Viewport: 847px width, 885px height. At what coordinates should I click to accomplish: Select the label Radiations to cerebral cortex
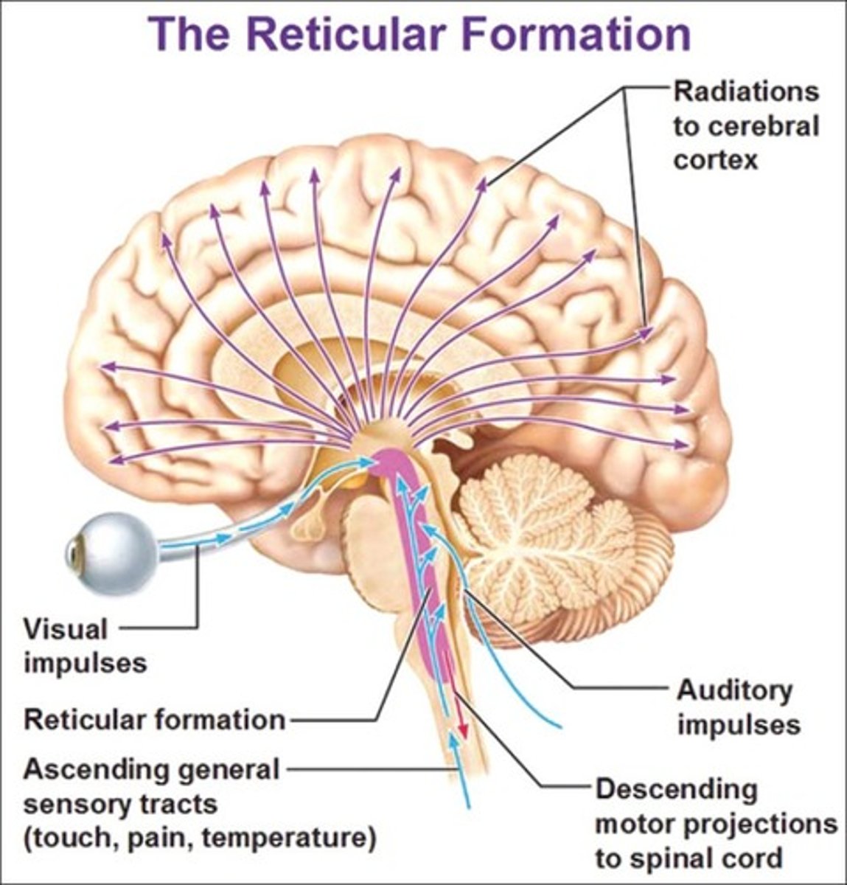pos(745,125)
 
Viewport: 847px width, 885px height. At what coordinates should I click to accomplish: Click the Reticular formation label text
pos(154,720)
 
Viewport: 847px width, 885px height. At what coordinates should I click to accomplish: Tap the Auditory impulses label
pos(737,707)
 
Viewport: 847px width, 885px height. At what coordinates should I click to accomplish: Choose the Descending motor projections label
pos(715,823)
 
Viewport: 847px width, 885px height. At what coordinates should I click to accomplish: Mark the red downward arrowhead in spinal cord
pos(462,729)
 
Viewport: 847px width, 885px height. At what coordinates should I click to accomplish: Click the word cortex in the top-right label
pos(715,159)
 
